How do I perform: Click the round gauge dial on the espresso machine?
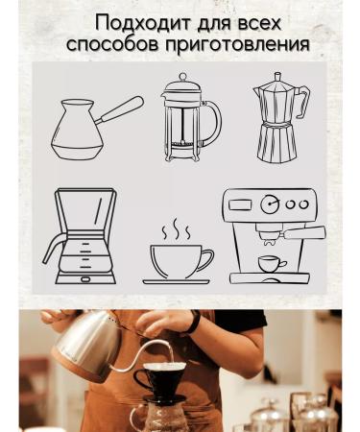[x=272, y=203]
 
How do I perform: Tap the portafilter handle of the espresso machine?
[x=304, y=233]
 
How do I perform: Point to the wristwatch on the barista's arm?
[x=196, y=324]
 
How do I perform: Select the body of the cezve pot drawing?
[x=77, y=134]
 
